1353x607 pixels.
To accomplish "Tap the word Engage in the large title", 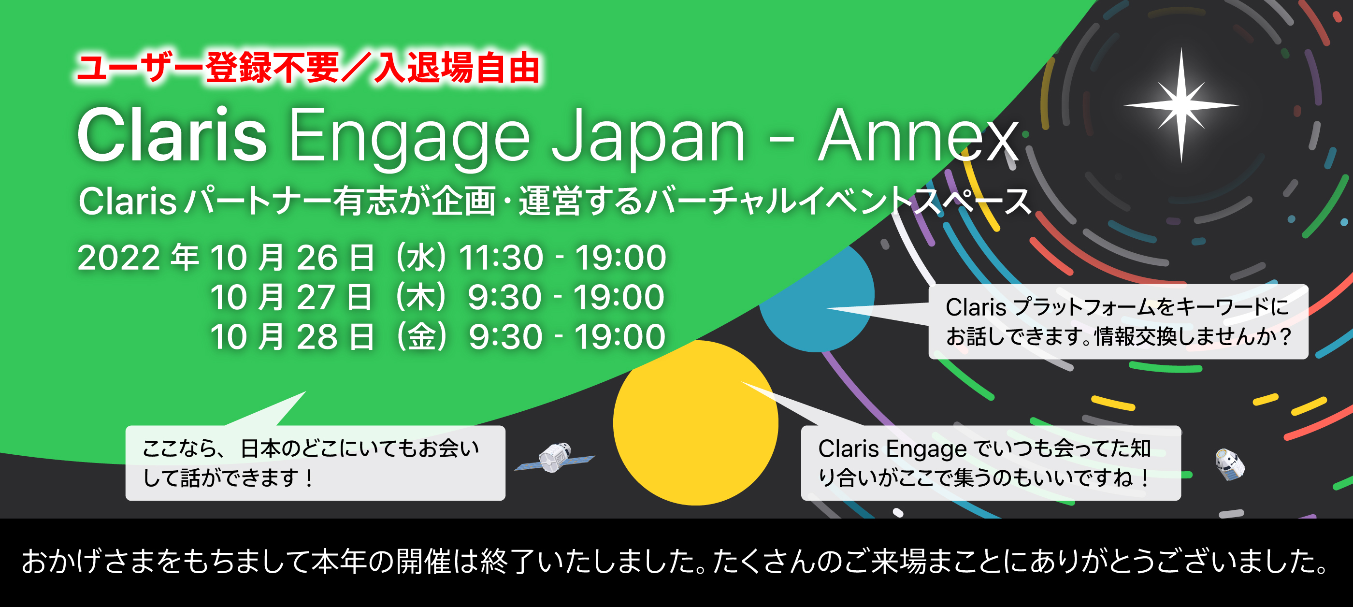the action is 410,139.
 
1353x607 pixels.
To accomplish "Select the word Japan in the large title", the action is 648,139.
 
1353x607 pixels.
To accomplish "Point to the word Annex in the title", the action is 918,135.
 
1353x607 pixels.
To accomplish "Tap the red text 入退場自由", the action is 457,68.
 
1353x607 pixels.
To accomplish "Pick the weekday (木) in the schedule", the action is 421,297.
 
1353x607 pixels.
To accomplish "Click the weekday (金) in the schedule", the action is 422,336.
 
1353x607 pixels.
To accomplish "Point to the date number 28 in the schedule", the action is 317,336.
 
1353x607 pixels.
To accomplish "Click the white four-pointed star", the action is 1181,105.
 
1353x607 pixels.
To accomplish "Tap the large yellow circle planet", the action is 695,423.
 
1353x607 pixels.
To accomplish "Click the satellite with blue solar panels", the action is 555,457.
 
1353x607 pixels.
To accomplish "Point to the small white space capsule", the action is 1230,464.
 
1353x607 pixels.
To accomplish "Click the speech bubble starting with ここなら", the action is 315,462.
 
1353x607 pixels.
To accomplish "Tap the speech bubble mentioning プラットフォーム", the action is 1118,321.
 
